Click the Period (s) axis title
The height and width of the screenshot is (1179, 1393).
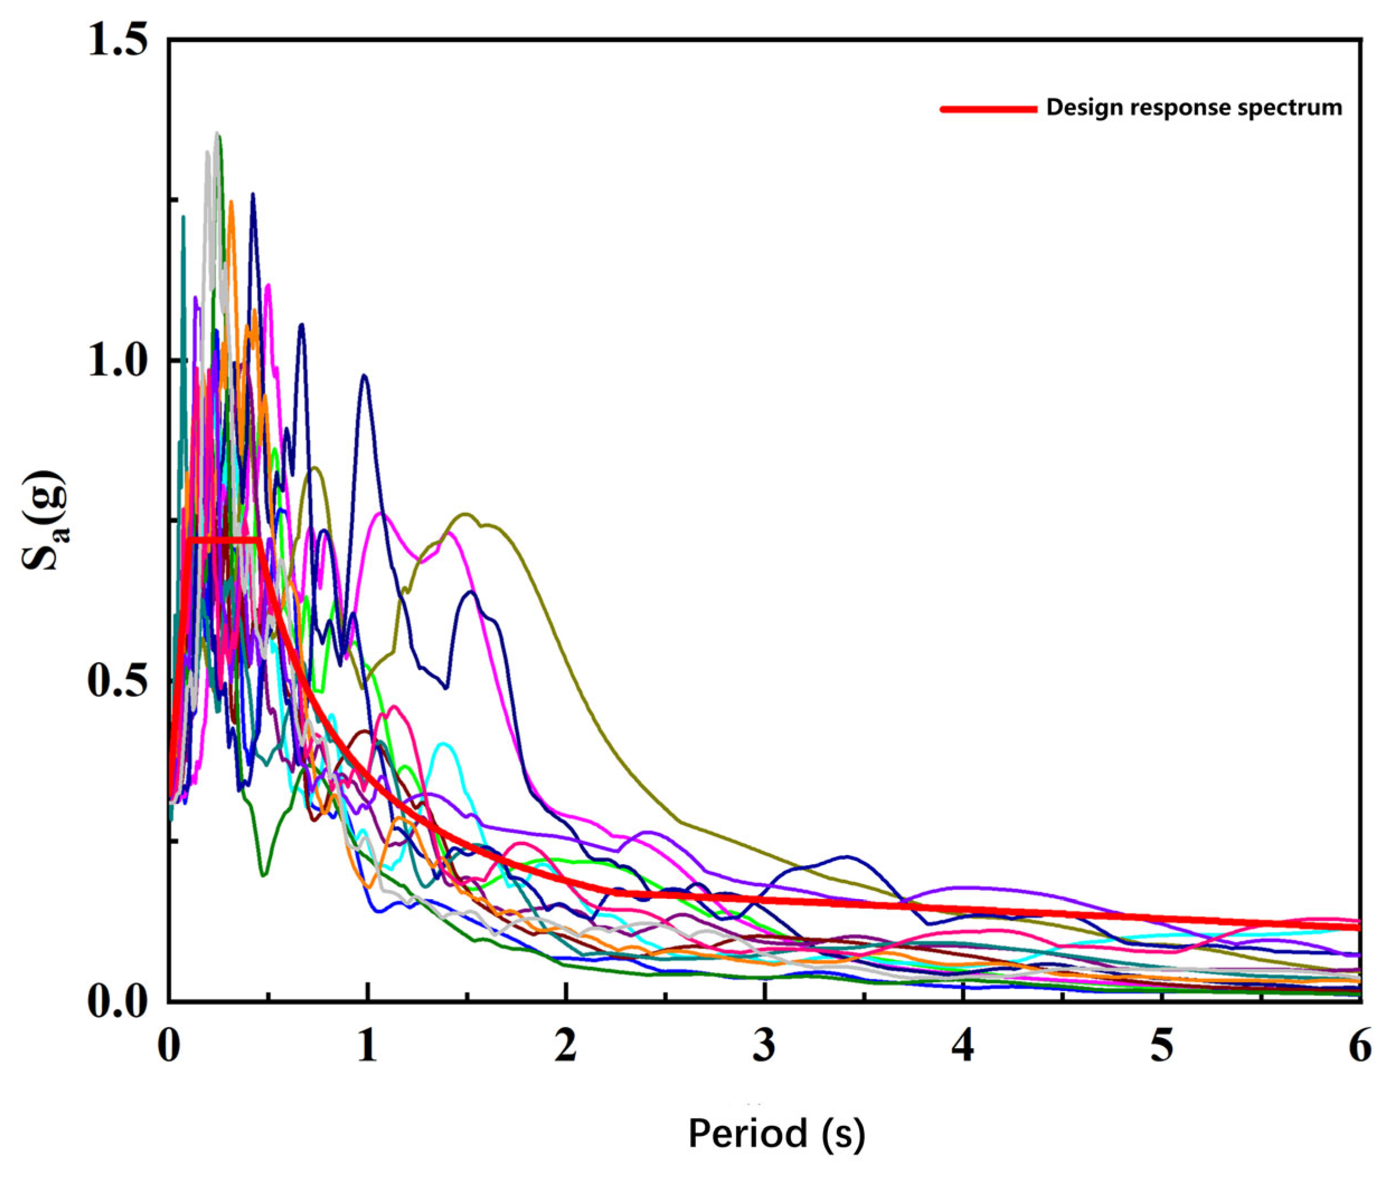pyautogui.click(x=776, y=1134)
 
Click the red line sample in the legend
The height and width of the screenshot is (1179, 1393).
pyautogui.click(x=988, y=109)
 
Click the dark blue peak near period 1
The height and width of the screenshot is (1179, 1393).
pyautogui.click(x=364, y=376)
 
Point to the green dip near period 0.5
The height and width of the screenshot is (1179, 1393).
pyautogui.click(x=264, y=874)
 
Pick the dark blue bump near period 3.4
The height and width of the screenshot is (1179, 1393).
pyautogui.click(x=847, y=856)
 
